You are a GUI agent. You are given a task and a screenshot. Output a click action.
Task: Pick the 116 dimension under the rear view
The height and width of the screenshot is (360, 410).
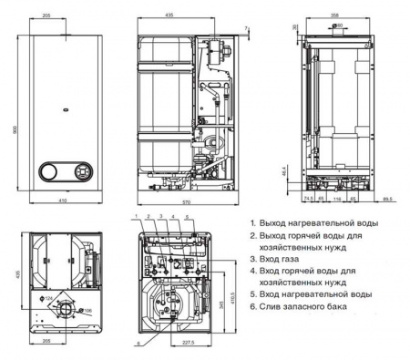coord(337,197)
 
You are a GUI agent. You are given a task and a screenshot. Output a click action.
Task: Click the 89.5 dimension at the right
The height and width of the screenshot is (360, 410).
coord(388,197)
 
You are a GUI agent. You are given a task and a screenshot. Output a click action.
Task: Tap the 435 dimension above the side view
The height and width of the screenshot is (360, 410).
coord(169,17)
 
